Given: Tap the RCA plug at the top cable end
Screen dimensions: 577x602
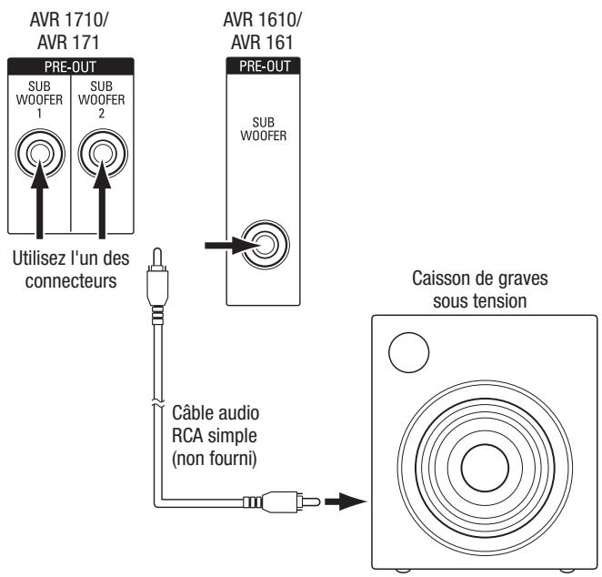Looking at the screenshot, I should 157,269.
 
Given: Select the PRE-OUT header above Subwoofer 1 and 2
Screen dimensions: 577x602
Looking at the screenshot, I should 70,66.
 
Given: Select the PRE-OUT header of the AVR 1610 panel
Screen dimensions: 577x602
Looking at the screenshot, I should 264,66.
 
